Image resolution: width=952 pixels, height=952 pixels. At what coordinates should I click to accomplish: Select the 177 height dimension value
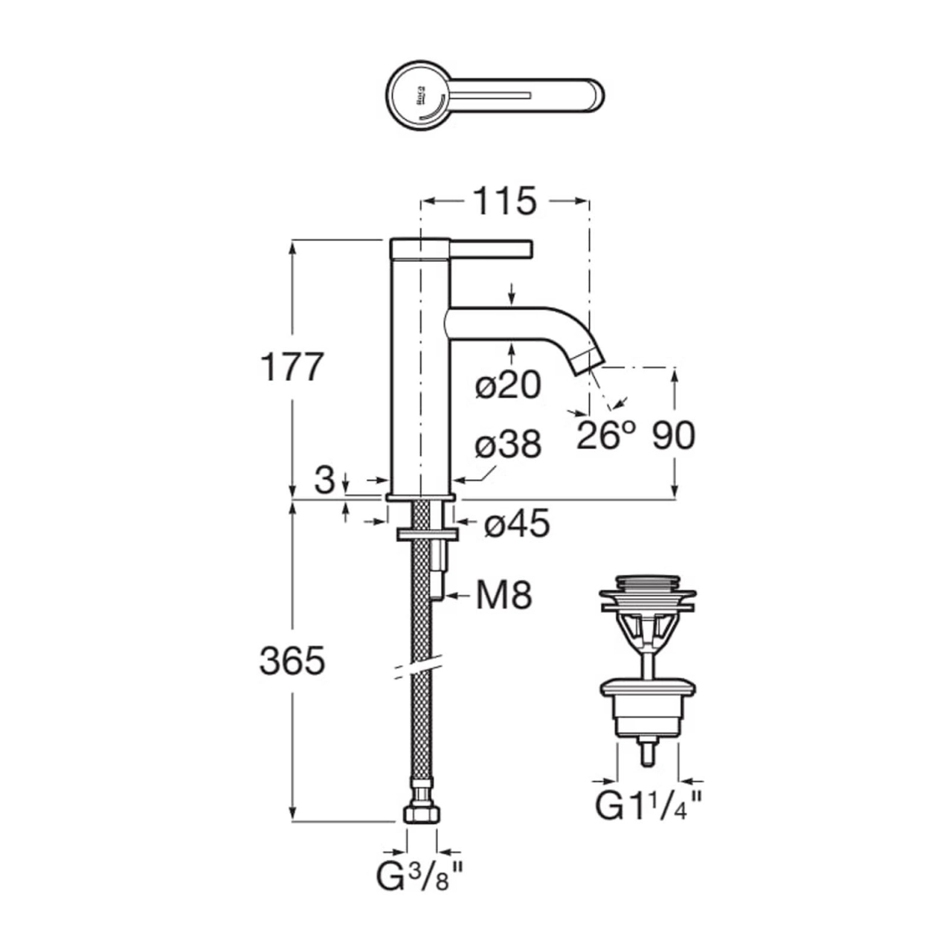point(292,367)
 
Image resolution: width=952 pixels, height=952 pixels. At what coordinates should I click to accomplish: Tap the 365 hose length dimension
point(292,660)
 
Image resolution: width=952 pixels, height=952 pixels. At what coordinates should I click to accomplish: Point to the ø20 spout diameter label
point(509,385)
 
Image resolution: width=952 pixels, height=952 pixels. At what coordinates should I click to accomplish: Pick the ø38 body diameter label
point(509,446)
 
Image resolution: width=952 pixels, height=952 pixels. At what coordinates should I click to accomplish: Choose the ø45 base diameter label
point(517,524)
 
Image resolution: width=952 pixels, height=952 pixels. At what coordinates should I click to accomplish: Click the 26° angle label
point(608,437)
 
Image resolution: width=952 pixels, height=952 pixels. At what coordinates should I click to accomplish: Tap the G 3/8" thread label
point(421,878)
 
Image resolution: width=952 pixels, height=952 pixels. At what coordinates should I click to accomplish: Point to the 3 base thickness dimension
point(324,481)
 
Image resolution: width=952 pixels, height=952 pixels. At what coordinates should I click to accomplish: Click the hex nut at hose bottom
point(422,814)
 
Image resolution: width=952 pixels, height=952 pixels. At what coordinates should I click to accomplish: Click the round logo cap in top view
point(418,97)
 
